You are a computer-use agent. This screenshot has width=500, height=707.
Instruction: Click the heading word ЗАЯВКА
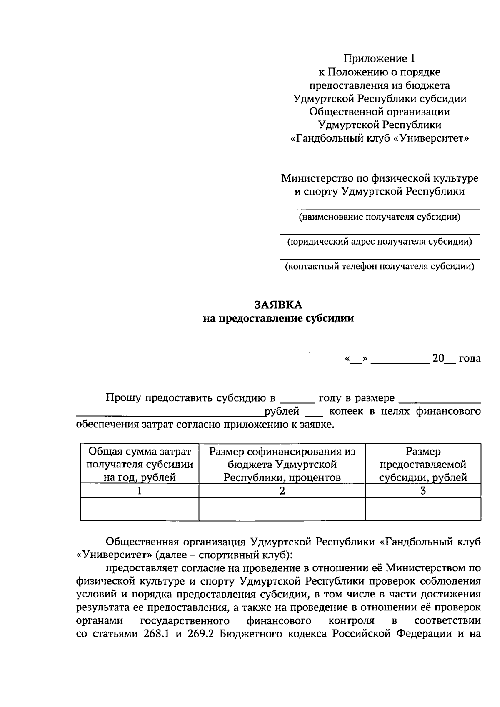point(278,305)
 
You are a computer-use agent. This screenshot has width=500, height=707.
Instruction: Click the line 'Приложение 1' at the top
point(379,58)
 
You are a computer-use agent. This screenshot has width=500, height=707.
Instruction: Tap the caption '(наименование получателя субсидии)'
point(379,217)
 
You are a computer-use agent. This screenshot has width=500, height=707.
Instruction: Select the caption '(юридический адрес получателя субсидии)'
point(379,242)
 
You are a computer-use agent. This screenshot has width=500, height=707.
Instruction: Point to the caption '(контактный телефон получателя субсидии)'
point(379,266)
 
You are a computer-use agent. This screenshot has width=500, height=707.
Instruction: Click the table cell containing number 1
point(140,490)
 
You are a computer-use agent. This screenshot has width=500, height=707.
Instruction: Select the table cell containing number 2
point(282,490)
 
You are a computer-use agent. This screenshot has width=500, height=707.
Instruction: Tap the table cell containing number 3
point(423,490)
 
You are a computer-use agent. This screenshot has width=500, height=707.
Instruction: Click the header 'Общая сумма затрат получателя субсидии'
point(140,464)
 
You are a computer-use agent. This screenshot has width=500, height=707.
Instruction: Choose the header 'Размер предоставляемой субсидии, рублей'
point(423,464)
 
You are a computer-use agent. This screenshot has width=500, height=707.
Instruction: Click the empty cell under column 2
point(282,509)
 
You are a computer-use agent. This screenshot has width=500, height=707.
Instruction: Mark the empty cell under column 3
point(423,509)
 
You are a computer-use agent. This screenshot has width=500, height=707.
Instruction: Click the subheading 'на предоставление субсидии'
point(278,318)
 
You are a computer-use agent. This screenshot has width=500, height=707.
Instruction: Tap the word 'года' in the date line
point(470,358)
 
